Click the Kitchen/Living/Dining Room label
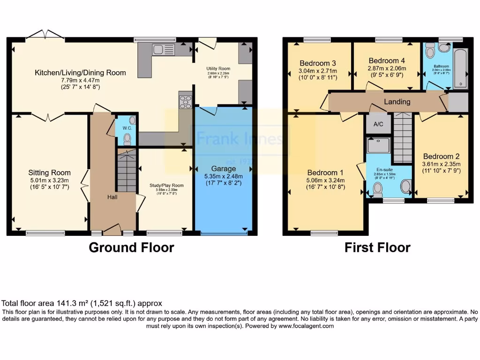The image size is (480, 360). pos(80,73)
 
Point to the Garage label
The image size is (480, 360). pos(223,168)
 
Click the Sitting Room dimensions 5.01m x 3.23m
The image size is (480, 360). pos(49,180)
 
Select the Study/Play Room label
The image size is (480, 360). pos(166,186)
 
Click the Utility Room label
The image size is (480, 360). pos(218,68)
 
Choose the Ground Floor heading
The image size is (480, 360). pos(131,247)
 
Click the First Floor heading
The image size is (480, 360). pos(377,247)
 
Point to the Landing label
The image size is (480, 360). pos(397,102)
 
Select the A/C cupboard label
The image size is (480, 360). pos(378,124)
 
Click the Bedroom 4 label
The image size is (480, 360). pos(386,60)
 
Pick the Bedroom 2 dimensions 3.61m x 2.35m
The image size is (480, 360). pos(442,164)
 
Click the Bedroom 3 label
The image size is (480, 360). pos(318,63)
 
